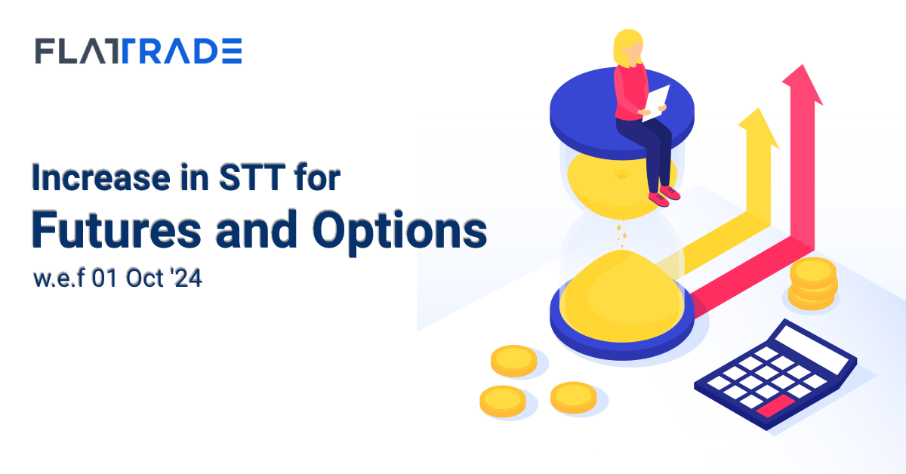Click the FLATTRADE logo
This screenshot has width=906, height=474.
(138, 51)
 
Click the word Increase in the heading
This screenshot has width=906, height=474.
(101, 177)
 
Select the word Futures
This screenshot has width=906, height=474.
(116, 229)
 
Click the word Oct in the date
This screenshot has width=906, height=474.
(144, 279)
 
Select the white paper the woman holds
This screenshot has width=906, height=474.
(656, 103)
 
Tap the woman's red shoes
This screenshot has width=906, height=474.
(664, 195)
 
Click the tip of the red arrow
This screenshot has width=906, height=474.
(803, 65)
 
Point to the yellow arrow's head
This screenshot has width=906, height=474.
(759, 128)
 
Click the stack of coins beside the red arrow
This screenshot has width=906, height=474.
(813, 284)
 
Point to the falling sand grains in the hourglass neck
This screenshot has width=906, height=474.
(621, 234)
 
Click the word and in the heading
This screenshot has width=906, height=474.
(257, 229)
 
